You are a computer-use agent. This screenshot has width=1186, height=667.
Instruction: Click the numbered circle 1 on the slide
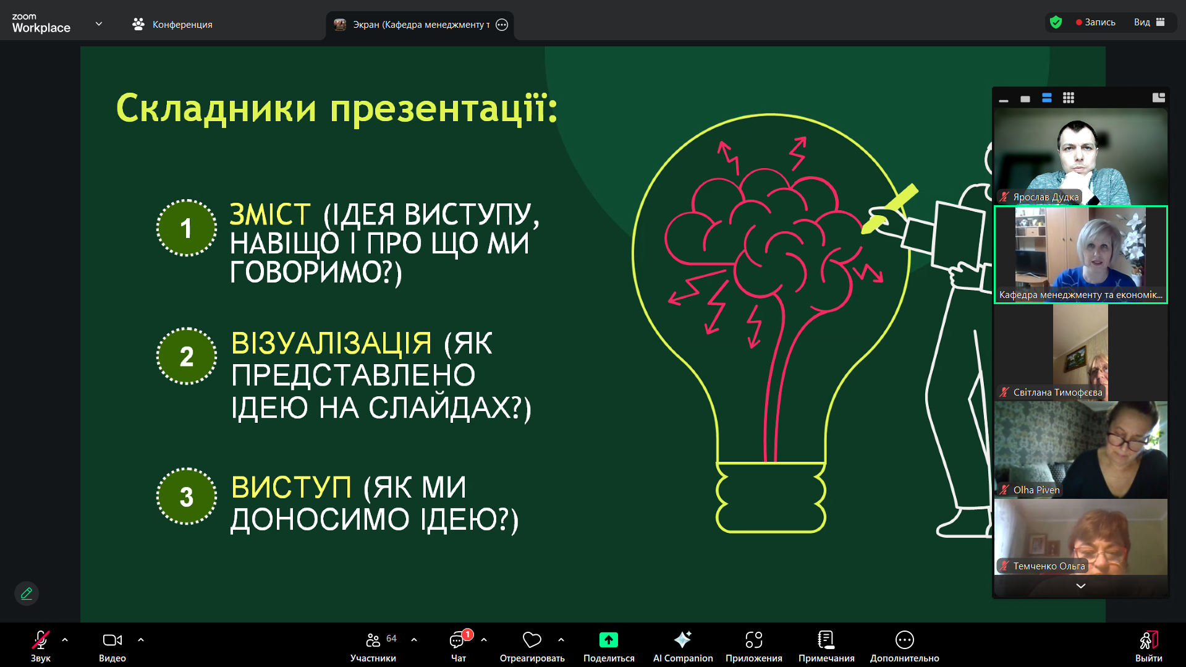186,228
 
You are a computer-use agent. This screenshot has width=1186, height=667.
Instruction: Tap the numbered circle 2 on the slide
186,356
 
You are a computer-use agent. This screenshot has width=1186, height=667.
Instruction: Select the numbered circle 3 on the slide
186,496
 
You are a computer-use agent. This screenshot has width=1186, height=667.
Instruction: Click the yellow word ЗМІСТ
270,215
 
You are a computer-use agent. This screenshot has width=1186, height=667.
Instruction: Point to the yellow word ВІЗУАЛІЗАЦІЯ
331,343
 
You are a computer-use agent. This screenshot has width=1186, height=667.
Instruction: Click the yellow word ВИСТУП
291,487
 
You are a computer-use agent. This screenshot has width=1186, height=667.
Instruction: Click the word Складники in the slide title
216,109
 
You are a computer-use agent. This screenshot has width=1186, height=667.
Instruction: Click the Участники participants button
373,646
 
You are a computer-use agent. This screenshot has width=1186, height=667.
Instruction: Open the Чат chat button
459,646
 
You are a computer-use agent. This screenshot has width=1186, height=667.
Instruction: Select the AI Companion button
683,646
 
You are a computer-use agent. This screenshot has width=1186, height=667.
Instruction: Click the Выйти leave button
1148,646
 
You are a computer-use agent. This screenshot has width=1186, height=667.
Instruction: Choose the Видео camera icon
112,640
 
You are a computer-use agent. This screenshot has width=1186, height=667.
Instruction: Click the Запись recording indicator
1096,22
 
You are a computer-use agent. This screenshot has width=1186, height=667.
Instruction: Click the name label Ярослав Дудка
1046,197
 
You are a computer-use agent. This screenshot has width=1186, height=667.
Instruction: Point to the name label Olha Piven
1036,490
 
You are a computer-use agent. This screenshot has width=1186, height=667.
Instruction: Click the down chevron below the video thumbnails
1080,586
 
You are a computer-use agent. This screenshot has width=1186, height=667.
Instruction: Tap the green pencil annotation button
27,593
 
